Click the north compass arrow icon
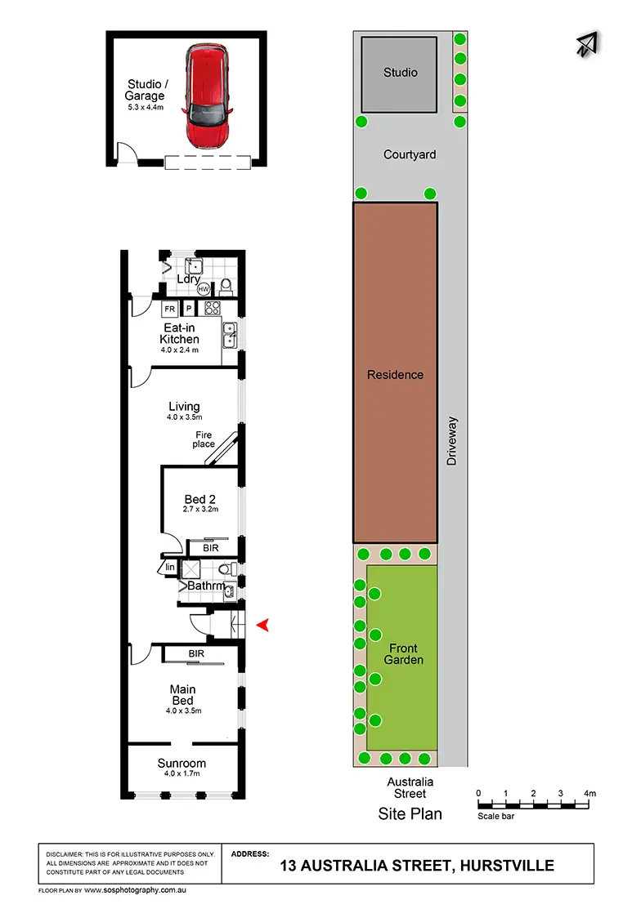tap(586, 46)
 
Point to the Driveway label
tap(452, 441)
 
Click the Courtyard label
tap(410, 154)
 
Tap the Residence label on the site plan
tap(395, 375)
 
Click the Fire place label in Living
tap(204, 439)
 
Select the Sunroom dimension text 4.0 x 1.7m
tap(182, 773)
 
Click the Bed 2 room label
tap(195, 499)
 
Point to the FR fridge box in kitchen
tap(170, 310)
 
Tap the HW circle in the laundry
tap(203, 288)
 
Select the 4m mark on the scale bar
tap(589, 793)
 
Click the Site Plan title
tap(410, 813)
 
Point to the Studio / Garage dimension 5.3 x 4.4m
tap(146, 107)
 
